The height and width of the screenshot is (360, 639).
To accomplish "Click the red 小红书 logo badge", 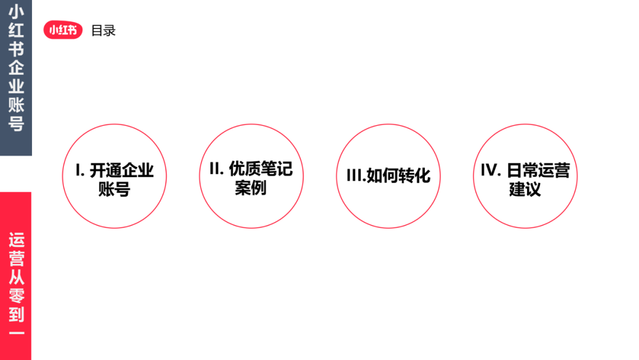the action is (x=63, y=30).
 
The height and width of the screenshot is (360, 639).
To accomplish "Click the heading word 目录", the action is (x=103, y=31).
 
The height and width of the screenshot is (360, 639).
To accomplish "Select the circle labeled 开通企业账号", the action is (x=114, y=176).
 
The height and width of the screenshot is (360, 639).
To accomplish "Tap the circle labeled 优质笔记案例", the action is (x=251, y=176).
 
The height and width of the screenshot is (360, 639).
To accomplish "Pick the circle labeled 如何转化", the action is (x=388, y=176).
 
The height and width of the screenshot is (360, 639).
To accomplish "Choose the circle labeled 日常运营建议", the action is (x=525, y=176).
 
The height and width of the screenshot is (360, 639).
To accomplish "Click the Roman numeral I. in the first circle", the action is (x=79, y=171).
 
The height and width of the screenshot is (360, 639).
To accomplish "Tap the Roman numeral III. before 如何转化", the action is (x=355, y=176).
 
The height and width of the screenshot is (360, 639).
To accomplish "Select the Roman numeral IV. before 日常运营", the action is (x=491, y=171).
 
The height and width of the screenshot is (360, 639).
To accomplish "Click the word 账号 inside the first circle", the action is (x=114, y=189).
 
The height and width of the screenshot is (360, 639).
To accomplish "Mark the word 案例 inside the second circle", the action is (x=251, y=188).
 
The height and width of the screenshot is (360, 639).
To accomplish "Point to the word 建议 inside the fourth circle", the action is (x=525, y=189).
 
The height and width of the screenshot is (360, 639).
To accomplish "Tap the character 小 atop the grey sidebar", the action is (x=16, y=12).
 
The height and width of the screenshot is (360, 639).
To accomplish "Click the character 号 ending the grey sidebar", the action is (x=16, y=124).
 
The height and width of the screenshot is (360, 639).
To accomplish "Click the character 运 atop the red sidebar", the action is (x=16, y=241).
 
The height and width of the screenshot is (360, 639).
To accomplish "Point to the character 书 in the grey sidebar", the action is (x=16, y=50).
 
